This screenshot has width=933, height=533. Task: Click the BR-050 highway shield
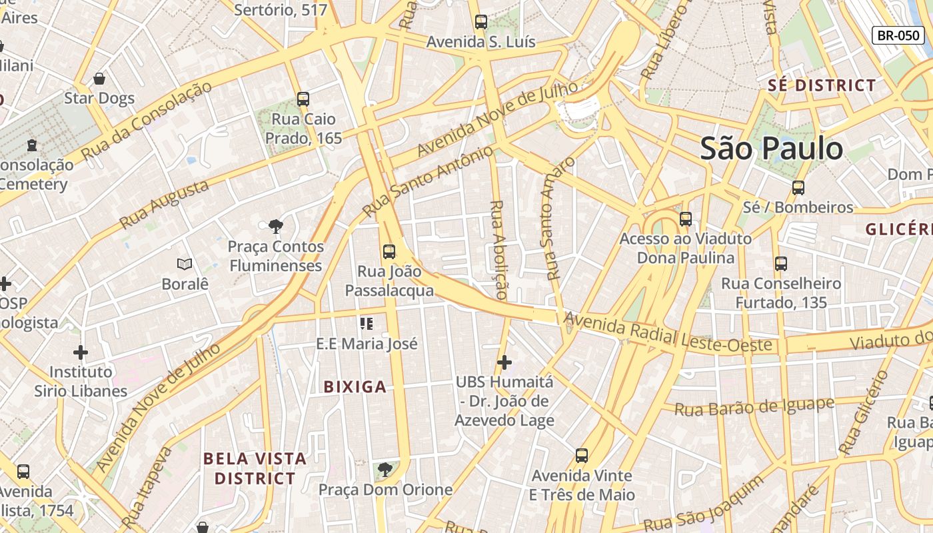point(898,35)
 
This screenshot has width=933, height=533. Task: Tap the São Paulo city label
point(771,148)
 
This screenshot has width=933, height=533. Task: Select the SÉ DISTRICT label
point(822,85)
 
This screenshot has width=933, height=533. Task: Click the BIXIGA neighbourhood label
point(355,386)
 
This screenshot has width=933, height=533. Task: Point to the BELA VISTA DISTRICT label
point(255,468)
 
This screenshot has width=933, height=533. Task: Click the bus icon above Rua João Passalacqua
point(389,252)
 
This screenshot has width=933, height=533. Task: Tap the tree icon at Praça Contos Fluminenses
point(275,227)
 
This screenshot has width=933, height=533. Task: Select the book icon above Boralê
point(185,265)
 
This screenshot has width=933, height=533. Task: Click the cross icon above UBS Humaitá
point(504,362)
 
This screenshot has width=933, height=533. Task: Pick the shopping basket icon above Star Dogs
point(99,79)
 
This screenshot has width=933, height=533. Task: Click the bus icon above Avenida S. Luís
point(481,22)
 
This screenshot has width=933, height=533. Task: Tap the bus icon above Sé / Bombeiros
point(798,188)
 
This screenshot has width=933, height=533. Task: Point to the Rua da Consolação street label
point(146,121)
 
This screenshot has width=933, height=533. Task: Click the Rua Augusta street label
point(164,205)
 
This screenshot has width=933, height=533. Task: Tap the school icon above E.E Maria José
point(367,324)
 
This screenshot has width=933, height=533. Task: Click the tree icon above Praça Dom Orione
point(385,470)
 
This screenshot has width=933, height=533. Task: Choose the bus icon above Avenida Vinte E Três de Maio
point(582,456)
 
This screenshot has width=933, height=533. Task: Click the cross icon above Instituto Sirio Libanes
point(81,352)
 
